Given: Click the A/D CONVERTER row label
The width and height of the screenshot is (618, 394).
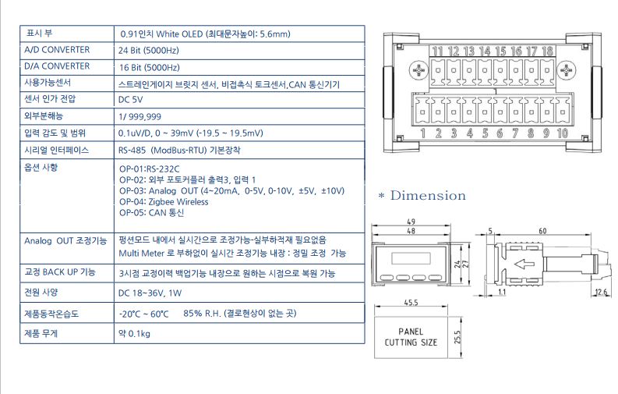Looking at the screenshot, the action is [57, 50].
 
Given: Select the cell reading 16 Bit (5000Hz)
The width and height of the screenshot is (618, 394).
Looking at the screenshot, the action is [149, 67].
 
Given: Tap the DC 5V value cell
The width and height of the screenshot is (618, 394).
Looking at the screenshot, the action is [130, 100].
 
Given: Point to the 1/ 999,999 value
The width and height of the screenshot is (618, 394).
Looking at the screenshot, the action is [139, 117].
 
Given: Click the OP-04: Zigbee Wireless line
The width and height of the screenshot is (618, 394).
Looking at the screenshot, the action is [164, 202].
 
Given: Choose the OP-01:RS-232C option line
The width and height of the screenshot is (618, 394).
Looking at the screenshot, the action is [149, 169].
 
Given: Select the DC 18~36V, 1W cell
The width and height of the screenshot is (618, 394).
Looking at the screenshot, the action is [150, 293].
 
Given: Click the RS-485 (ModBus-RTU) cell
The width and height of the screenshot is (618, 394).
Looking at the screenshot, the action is [179, 151].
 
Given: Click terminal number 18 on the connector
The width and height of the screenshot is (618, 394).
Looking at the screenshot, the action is [547, 51].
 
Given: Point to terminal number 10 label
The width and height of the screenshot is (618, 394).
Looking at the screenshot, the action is [563, 133].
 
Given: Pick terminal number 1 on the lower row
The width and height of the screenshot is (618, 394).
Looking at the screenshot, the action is [423, 133].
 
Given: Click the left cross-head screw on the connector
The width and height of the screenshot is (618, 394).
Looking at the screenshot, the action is [418, 70].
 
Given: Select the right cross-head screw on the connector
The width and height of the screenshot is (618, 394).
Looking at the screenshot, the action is [567, 70].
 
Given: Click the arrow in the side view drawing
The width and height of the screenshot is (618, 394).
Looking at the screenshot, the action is [524, 264].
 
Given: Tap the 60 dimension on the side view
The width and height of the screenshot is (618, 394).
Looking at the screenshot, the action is [542, 231].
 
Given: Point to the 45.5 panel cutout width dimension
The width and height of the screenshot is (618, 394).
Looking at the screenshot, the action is [411, 303].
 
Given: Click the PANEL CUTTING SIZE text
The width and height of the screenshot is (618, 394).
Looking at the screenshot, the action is [411, 337].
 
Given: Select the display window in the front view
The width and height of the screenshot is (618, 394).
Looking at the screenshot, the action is [411, 258].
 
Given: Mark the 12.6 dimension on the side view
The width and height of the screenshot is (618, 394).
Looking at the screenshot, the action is [601, 293].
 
